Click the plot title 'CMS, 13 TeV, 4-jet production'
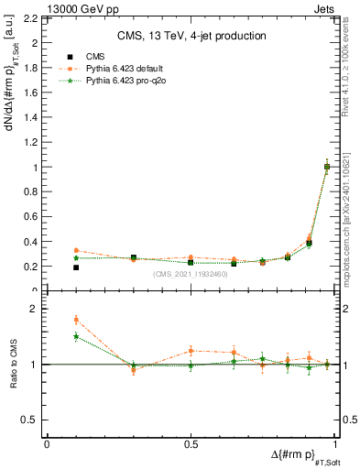(190, 36)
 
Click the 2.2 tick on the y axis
(33, 18)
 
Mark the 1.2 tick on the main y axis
(33, 143)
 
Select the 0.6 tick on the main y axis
(33, 217)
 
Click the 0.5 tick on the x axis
(191, 444)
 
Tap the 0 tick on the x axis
(47, 444)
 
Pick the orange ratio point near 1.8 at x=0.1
(76, 320)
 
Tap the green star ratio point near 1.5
(76, 336)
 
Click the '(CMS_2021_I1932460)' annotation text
(190, 274)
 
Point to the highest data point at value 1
(327, 167)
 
